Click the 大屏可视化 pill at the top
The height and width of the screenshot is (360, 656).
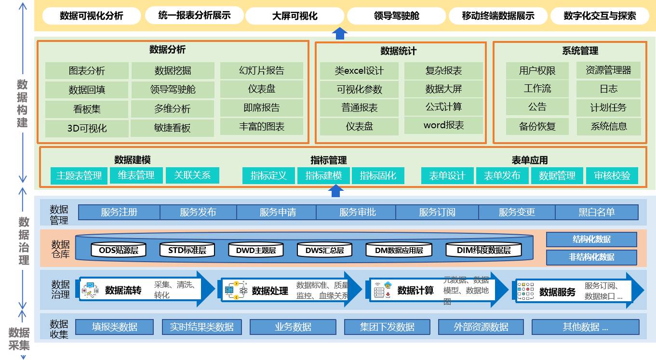(295, 16)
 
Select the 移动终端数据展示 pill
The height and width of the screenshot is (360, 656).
(498, 16)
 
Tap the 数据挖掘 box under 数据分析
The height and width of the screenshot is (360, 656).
(173, 71)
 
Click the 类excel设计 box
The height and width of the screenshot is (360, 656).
(359, 71)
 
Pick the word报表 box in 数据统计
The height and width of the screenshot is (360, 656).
(443, 125)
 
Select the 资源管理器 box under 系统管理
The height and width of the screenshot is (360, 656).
(608, 70)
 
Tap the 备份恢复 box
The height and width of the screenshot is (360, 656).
(537, 126)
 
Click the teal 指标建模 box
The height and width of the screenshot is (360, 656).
(323, 175)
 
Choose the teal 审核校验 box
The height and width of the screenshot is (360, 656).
(612, 175)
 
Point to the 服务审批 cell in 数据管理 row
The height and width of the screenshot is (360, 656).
(357, 212)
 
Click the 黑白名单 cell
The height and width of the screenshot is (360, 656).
(596, 212)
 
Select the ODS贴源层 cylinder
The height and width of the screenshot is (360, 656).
(118, 250)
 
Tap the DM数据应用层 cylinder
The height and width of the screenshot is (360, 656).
(399, 250)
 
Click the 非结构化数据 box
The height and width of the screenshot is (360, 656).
(591, 257)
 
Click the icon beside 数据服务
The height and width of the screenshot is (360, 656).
(525, 291)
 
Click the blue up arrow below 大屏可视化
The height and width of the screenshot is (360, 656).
(340, 33)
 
